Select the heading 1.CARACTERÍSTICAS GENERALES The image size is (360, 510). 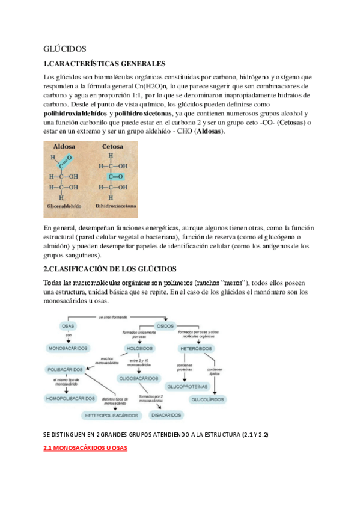105,64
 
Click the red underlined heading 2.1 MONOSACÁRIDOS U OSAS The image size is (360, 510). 85,448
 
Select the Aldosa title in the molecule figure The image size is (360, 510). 64,147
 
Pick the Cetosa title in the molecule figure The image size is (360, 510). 113,147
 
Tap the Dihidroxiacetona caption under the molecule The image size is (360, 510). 116,206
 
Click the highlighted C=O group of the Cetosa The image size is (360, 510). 113,176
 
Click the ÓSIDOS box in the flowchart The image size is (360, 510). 165,326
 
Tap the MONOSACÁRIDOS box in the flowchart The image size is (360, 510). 68,348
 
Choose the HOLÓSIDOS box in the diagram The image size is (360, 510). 139,348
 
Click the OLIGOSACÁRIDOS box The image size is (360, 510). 139,378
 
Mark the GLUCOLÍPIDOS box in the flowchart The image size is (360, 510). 207,399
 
